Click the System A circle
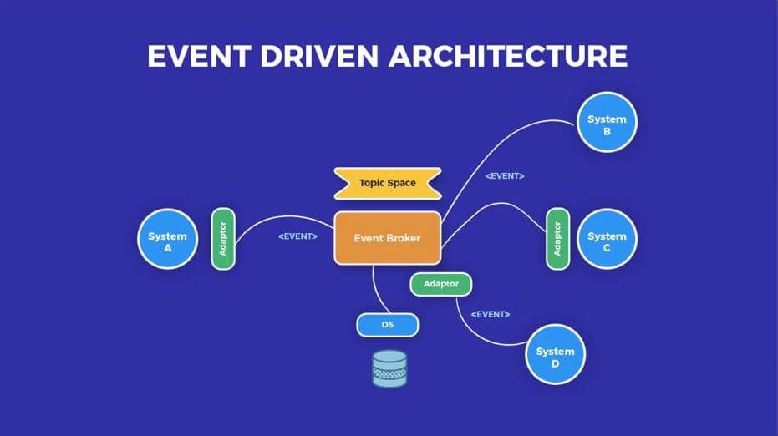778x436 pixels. (x=168, y=239)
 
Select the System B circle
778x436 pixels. (x=607, y=122)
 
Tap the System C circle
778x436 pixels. (x=607, y=239)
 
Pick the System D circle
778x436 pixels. (x=555, y=354)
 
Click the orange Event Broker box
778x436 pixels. (x=388, y=238)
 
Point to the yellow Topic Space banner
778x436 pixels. (x=388, y=183)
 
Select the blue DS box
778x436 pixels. (x=388, y=325)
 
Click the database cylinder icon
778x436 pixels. (x=389, y=368)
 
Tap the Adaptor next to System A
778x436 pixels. (x=223, y=239)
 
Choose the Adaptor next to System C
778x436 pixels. (x=557, y=239)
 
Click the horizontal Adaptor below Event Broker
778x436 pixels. (x=440, y=284)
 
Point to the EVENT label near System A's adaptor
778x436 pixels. (x=297, y=236)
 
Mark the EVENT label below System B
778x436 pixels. (x=505, y=176)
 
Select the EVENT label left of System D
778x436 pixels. (x=491, y=315)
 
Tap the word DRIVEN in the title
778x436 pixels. (x=319, y=56)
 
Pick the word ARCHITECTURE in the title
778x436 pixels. (x=509, y=56)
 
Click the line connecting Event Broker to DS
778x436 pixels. (x=378, y=292)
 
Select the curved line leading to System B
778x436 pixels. (x=496, y=149)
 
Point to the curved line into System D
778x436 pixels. (x=476, y=333)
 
